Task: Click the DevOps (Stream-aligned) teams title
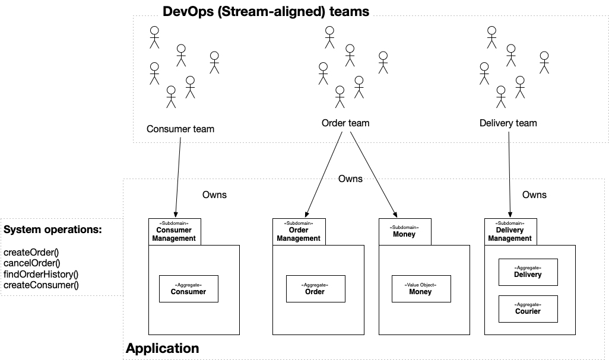(x=266, y=11)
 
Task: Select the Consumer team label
(x=180, y=129)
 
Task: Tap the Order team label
(x=345, y=123)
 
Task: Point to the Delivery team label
(x=508, y=123)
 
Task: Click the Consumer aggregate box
(x=189, y=288)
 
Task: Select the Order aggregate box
(x=315, y=288)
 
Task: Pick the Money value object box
(x=420, y=288)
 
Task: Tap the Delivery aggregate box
(x=528, y=272)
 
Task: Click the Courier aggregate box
(x=528, y=308)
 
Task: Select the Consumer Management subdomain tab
(x=174, y=232)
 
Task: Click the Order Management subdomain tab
(x=299, y=232)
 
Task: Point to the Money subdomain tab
(x=404, y=231)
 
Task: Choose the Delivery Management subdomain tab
(x=510, y=232)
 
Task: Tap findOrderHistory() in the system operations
(x=41, y=274)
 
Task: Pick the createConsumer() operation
(x=40, y=285)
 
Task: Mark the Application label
(x=163, y=348)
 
